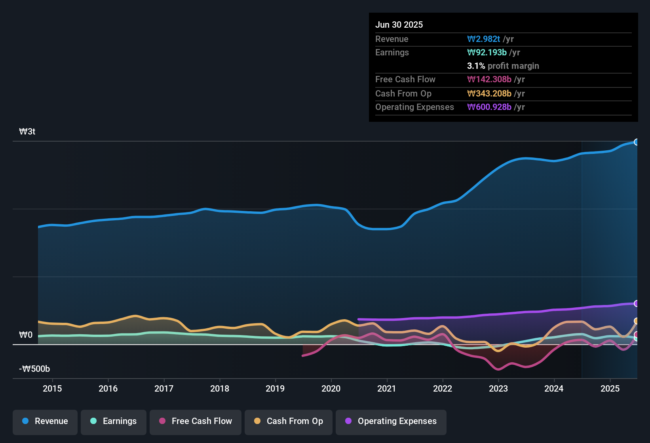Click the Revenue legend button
(x=45, y=421)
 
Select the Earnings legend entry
(x=114, y=421)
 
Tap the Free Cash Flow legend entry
(x=196, y=421)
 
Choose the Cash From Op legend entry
(x=289, y=421)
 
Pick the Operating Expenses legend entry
(x=391, y=421)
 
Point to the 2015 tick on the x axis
(x=52, y=388)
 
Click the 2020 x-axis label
(x=331, y=388)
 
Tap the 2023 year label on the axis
(x=498, y=388)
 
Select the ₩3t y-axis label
(x=27, y=132)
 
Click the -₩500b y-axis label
(x=35, y=369)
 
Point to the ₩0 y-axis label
(x=26, y=335)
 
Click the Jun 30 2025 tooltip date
(x=399, y=25)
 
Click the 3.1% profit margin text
(x=503, y=66)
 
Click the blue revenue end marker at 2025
(x=637, y=142)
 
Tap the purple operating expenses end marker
(x=637, y=303)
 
